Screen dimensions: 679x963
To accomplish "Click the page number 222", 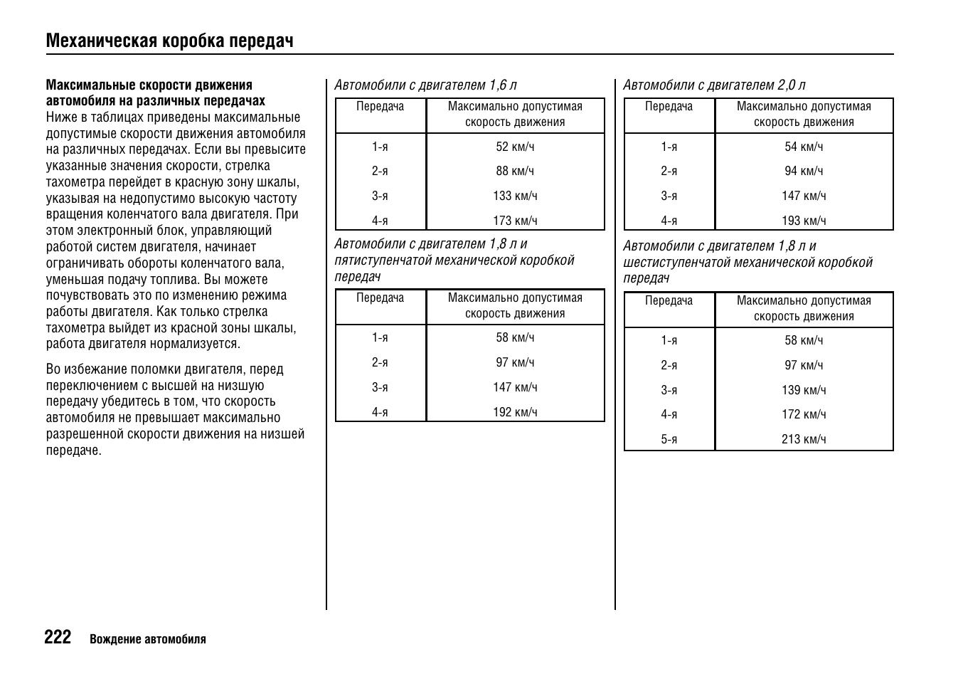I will click(x=58, y=637).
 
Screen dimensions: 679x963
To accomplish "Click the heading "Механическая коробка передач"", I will click(x=169, y=41).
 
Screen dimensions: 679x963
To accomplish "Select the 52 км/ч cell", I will click(x=515, y=147).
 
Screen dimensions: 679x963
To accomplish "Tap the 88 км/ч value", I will click(x=515, y=171).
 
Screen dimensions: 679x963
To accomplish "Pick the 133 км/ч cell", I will click(x=515, y=196).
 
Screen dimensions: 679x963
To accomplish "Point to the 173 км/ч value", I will click(x=515, y=221).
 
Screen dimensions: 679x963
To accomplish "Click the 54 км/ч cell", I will click(x=804, y=147).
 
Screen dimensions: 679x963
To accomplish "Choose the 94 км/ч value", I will click(x=804, y=171).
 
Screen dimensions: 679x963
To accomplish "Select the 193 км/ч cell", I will click(x=804, y=221).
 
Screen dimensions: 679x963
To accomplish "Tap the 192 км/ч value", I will click(x=515, y=412).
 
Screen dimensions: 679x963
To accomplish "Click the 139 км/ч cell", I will click(x=804, y=390).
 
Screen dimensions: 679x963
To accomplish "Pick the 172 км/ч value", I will click(x=804, y=414).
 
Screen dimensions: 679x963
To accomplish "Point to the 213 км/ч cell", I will click(x=804, y=439).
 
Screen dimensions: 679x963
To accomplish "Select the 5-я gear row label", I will click(x=669, y=439).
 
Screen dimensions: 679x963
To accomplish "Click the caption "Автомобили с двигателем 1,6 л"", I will click(x=425, y=85).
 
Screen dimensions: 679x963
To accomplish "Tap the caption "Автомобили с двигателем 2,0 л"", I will click(x=714, y=85).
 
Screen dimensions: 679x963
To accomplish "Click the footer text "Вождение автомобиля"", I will click(x=148, y=639).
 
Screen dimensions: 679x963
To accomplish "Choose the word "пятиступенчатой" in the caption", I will click(x=383, y=260).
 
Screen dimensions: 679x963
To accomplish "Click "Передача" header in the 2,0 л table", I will click(x=669, y=107).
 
